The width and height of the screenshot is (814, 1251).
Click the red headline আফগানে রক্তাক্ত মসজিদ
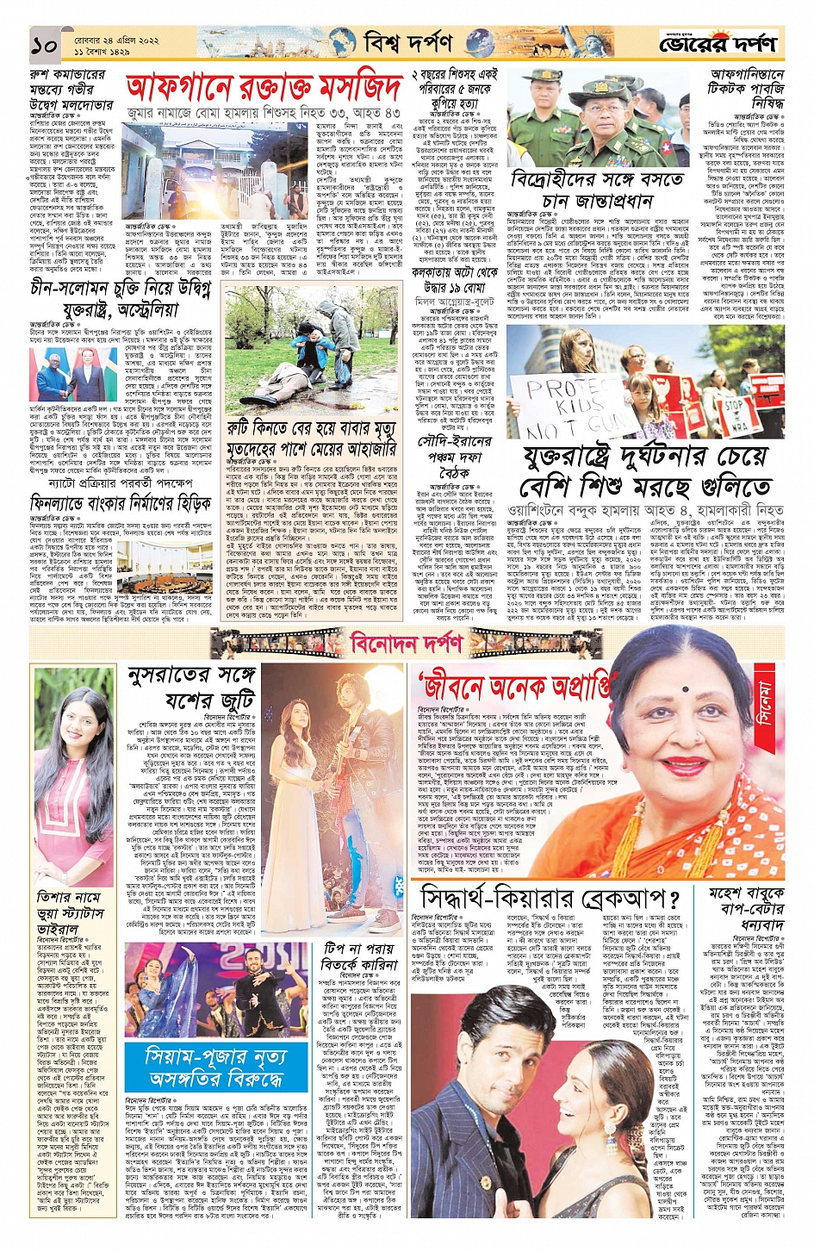pyautogui.click(x=264, y=88)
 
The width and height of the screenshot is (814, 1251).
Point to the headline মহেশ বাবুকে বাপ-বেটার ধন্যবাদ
pyautogui.click(x=747, y=906)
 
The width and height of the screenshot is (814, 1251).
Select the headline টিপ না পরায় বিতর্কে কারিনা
pyautogui.click(x=359, y=957)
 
